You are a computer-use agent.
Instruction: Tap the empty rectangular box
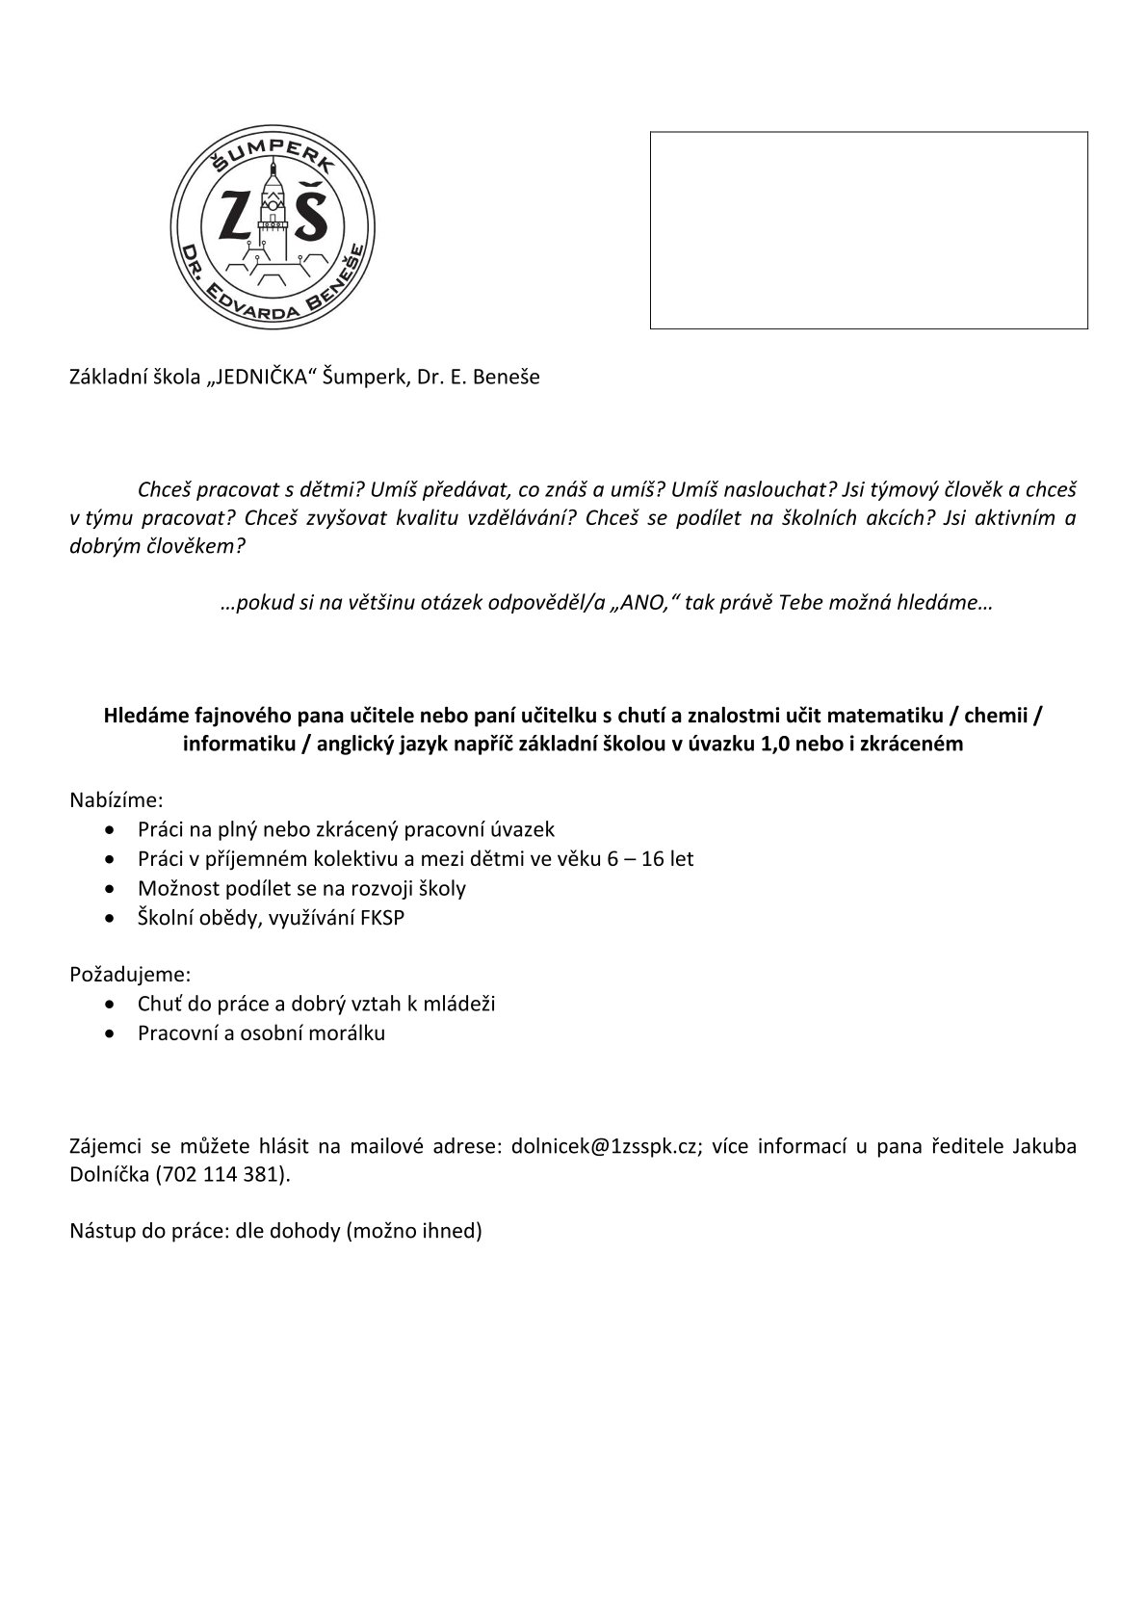point(869,230)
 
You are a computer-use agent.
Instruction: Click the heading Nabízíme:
point(117,799)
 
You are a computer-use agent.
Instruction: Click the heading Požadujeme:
point(130,974)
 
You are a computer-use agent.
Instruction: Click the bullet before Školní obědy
point(116,917)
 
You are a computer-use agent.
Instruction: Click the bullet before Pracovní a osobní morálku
point(116,1033)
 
